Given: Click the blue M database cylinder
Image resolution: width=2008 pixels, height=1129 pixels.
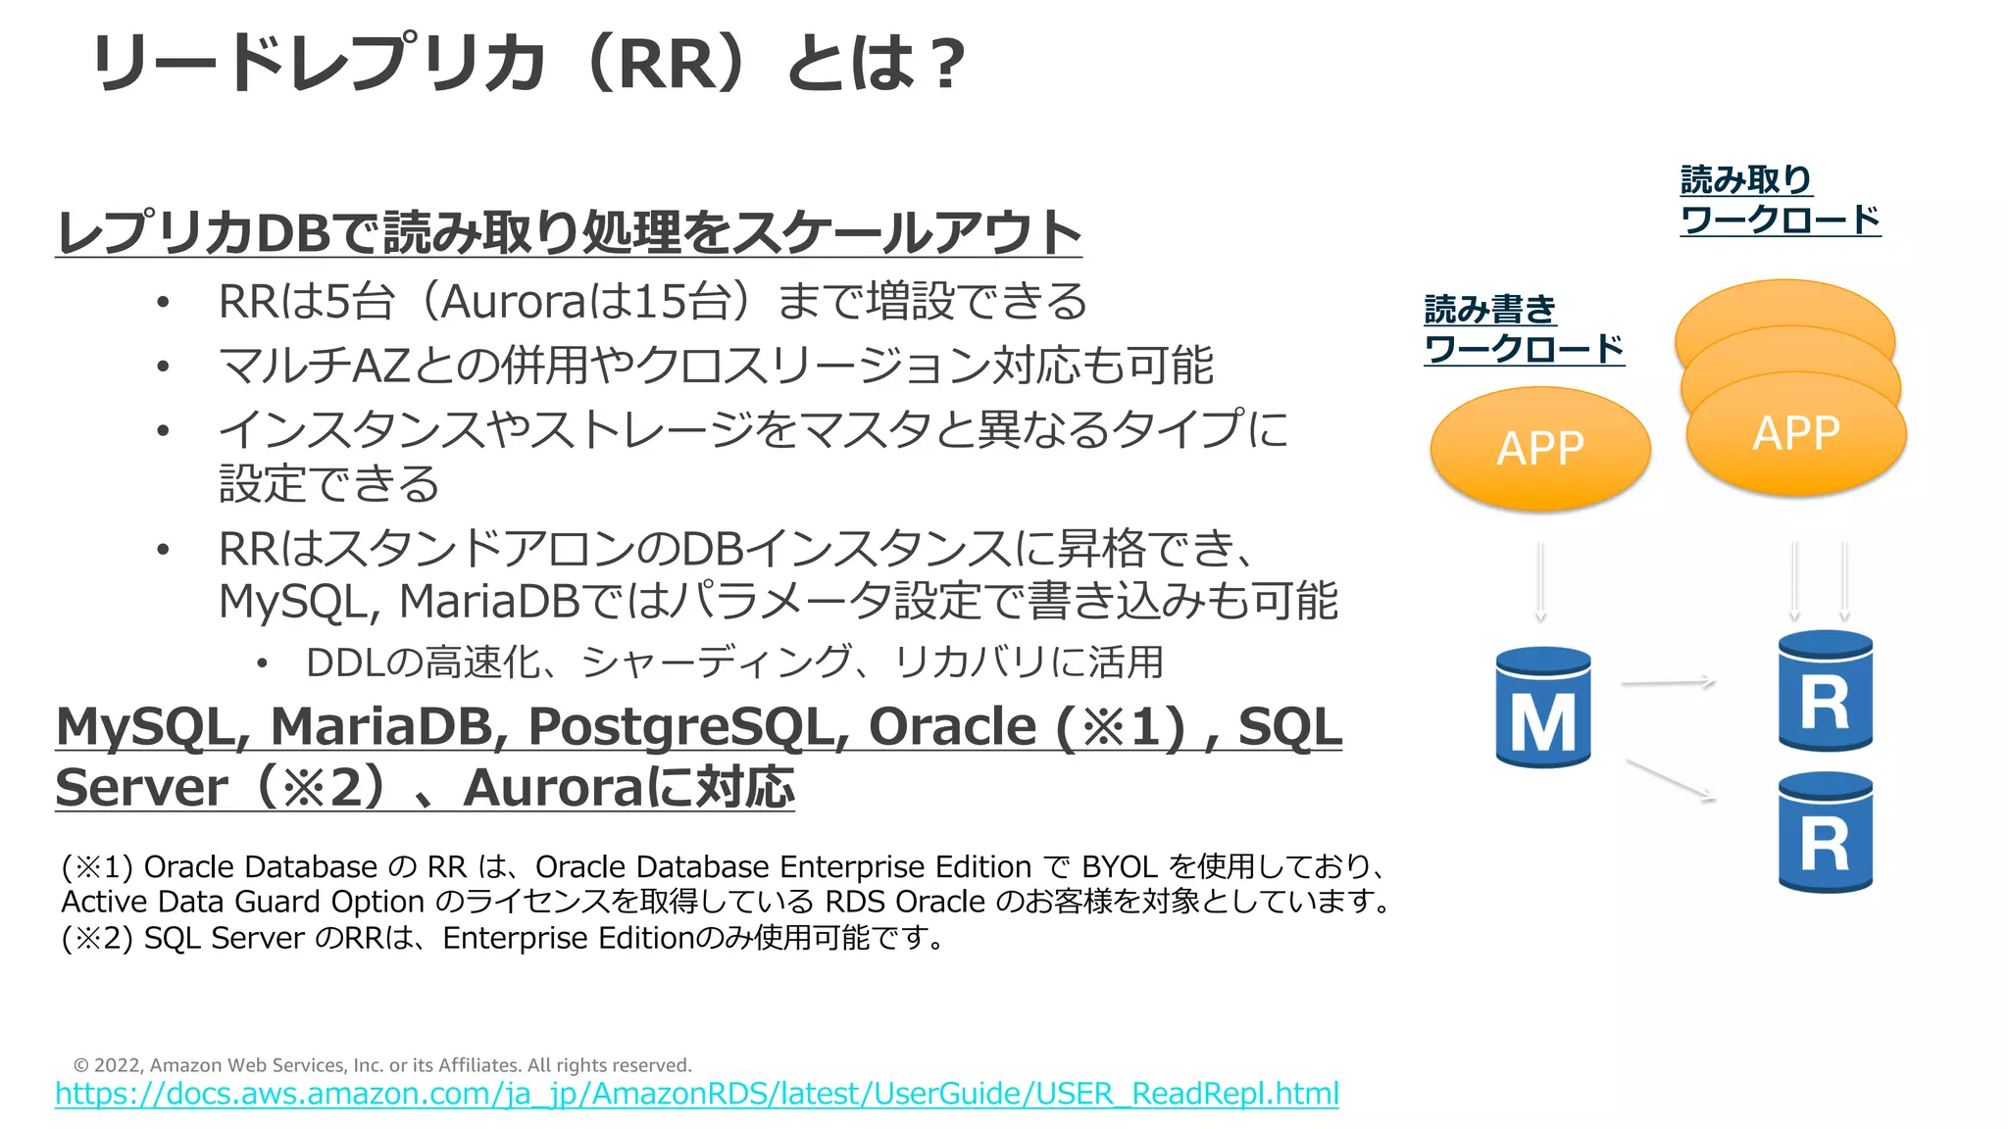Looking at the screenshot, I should coord(1542,708).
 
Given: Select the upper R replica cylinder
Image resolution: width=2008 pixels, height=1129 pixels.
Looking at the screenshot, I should coord(1825,692).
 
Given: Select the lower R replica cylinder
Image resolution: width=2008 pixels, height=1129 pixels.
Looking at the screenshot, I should coord(1825,833).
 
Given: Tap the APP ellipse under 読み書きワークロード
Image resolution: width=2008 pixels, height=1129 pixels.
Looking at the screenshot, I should coord(1540,449).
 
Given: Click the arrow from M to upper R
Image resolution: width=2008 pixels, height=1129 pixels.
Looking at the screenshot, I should coord(1668,682).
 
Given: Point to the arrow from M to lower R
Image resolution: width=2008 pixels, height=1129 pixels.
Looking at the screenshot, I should coord(1670,780).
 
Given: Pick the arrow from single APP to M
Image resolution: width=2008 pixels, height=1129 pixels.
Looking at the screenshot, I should coord(1540,581).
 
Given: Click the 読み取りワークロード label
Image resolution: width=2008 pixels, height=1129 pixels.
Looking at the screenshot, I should coord(1779,200).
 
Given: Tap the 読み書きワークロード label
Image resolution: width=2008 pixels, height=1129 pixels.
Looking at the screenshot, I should coord(1523,329).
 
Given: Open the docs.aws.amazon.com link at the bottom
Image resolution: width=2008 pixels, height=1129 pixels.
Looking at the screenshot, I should coord(696,1094).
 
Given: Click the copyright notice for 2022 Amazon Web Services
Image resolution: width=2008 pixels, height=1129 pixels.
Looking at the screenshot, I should coord(382,1065).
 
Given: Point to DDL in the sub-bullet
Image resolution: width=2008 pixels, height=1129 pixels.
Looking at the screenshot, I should coord(344,663).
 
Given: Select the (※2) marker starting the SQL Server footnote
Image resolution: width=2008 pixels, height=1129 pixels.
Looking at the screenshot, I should coord(96,939).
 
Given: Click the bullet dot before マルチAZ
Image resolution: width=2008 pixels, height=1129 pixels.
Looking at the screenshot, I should coord(163,367).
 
